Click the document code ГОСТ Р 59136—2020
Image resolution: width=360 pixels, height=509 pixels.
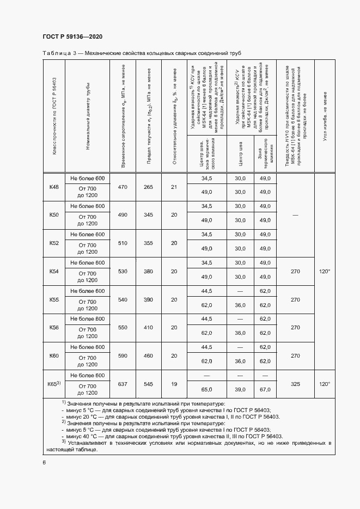72,36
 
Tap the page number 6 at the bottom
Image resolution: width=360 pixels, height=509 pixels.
44,462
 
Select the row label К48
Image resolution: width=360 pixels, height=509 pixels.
54,187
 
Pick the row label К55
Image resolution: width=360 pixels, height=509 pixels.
54,299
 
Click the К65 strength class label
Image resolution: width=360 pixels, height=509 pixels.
54,384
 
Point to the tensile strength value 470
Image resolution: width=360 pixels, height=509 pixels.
123,187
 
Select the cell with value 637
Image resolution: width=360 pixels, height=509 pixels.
123,384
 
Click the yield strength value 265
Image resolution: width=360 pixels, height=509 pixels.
148,187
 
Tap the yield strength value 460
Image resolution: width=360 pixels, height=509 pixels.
148,355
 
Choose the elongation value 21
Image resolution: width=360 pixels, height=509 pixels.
174,187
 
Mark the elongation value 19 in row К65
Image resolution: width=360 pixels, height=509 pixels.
174,384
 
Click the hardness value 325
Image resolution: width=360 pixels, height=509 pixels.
296,384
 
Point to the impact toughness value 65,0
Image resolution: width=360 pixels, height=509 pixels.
206,390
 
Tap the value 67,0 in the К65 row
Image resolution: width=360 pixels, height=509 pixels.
265,390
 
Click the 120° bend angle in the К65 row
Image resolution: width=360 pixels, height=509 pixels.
325,384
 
